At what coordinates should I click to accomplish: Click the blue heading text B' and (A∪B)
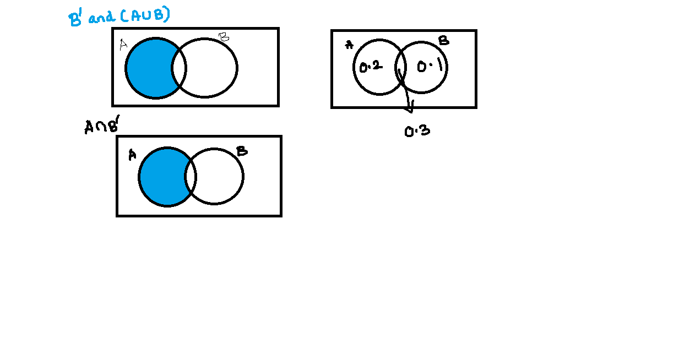click(118, 17)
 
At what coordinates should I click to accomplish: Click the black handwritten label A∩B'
click(102, 127)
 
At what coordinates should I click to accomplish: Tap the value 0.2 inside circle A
click(370, 67)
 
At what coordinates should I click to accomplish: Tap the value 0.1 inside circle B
click(430, 67)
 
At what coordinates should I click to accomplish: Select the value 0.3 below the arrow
click(417, 131)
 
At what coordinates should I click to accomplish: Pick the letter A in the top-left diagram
click(123, 45)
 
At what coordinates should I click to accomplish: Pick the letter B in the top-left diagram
click(224, 37)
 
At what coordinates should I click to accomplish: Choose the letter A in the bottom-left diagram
click(132, 155)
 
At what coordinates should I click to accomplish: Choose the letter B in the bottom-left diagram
click(241, 151)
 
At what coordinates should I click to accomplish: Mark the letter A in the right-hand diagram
click(349, 45)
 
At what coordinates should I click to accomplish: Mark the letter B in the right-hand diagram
click(443, 40)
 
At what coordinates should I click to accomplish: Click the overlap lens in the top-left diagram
click(179, 68)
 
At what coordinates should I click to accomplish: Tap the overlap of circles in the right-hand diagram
click(401, 67)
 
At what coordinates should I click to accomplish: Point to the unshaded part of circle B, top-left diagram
click(212, 68)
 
